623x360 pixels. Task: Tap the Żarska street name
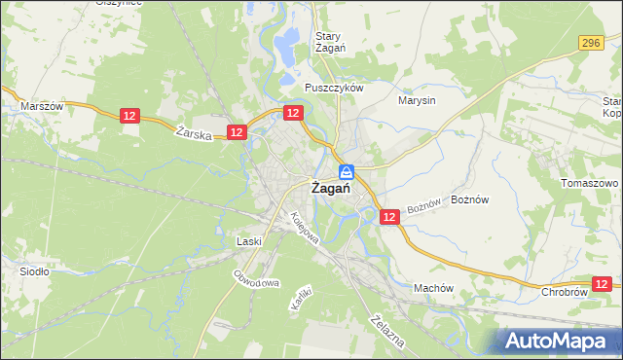point(195,134)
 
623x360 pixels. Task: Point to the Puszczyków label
point(333,88)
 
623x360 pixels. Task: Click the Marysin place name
point(417,99)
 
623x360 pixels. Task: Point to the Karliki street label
point(300,297)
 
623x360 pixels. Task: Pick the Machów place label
point(434,288)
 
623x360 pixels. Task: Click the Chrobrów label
point(565,291)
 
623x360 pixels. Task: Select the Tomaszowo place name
point(590,183)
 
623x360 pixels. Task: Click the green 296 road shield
point(590,43)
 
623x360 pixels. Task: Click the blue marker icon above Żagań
point(346,171)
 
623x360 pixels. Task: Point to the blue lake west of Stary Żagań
point(287,42)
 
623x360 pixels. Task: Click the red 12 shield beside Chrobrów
point(603,283)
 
